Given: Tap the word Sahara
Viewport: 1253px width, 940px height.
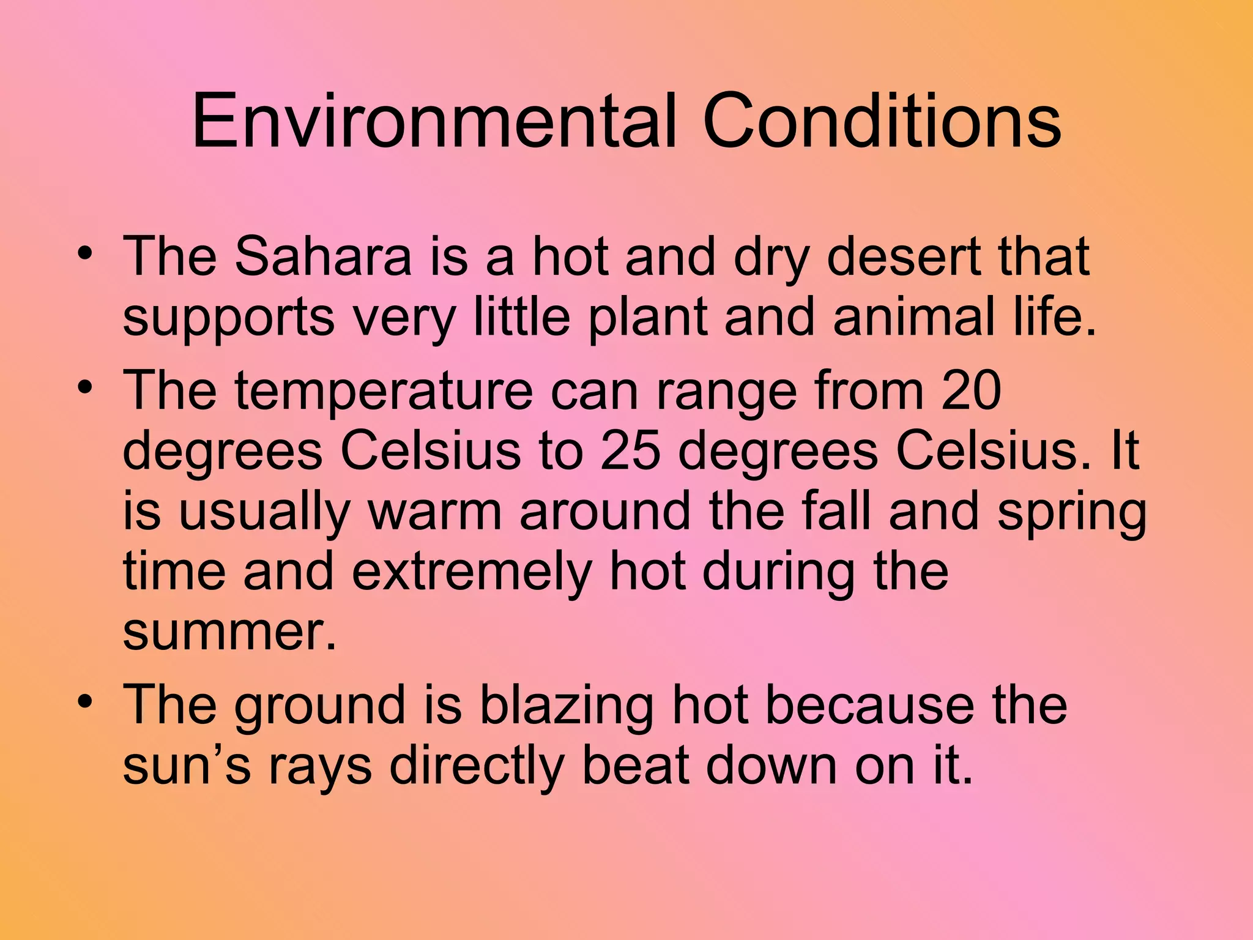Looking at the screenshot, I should click(x=323, y=256).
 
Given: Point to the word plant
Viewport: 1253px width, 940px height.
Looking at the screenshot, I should click(x=647, y=318).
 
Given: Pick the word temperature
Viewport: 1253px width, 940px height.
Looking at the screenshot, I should click(x=384, y=392).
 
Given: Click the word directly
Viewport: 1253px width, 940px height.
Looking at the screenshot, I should click(x=477, y=767).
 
